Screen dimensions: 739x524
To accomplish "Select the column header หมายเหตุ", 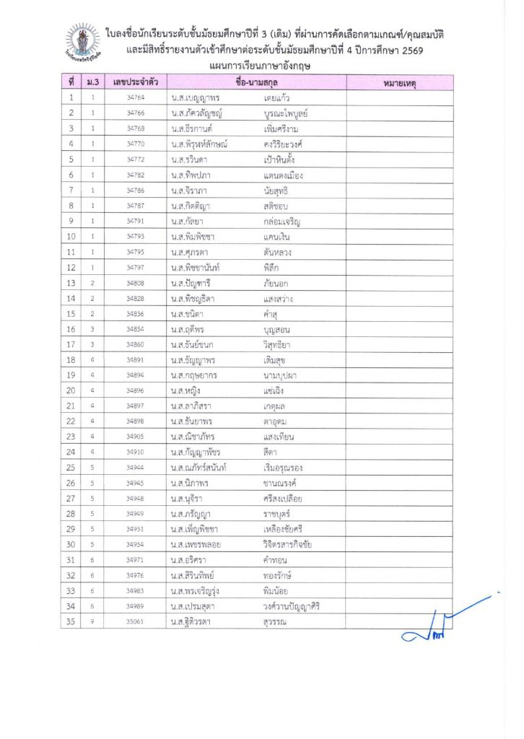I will coord(399,83).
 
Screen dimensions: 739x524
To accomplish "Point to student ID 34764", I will coord(135,97).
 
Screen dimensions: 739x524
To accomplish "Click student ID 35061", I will coord(135,621).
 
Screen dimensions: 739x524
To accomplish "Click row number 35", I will coord(71,621).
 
